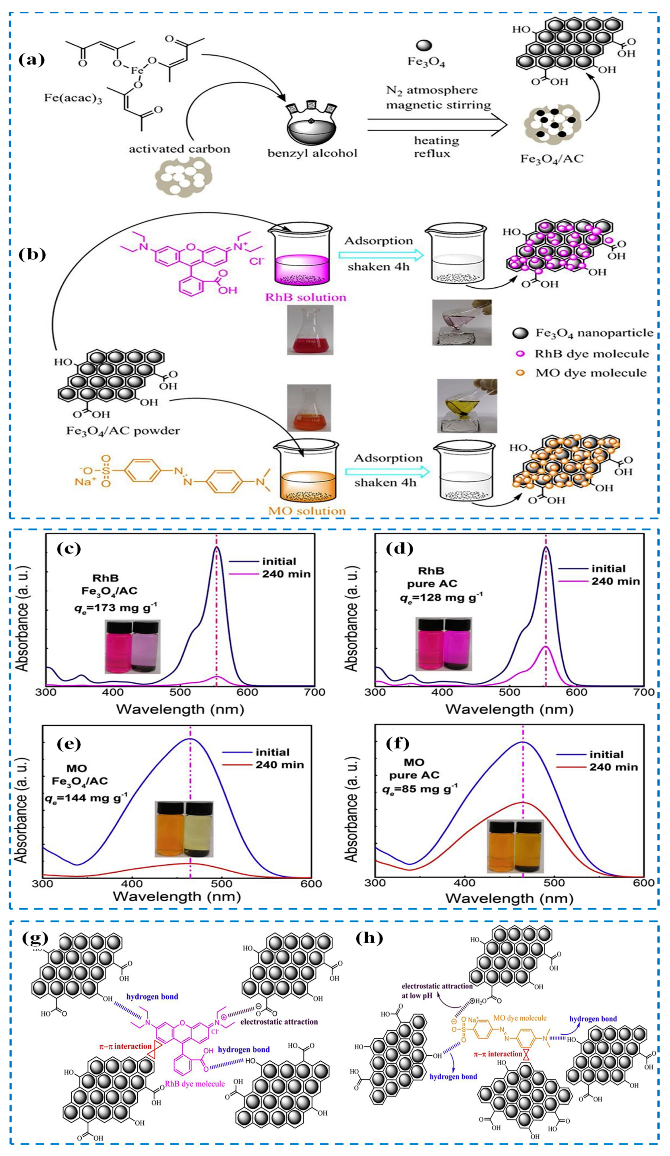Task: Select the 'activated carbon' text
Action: click(179, 149)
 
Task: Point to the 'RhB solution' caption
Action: click(305, 297)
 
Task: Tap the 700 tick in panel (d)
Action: click(643, 692)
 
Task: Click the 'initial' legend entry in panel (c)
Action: click(279, 561)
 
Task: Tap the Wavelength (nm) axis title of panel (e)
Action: click(177, 896)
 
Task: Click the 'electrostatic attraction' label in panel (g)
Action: click(279, 1022)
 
